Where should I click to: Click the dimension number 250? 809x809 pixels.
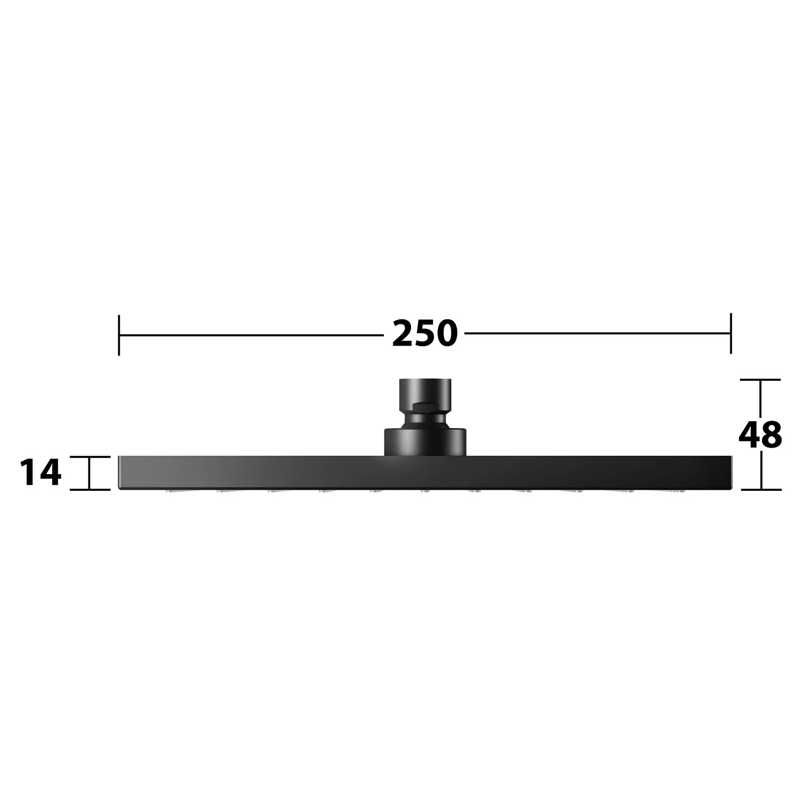pos(424,334)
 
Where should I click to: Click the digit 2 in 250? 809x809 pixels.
pos(403,334)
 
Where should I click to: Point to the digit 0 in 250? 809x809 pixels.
pos(447,334)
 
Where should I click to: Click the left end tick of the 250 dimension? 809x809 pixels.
pos(119,335)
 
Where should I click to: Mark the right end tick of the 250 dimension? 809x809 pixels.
pos(731,333)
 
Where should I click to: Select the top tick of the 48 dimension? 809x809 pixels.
pos(760,380)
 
